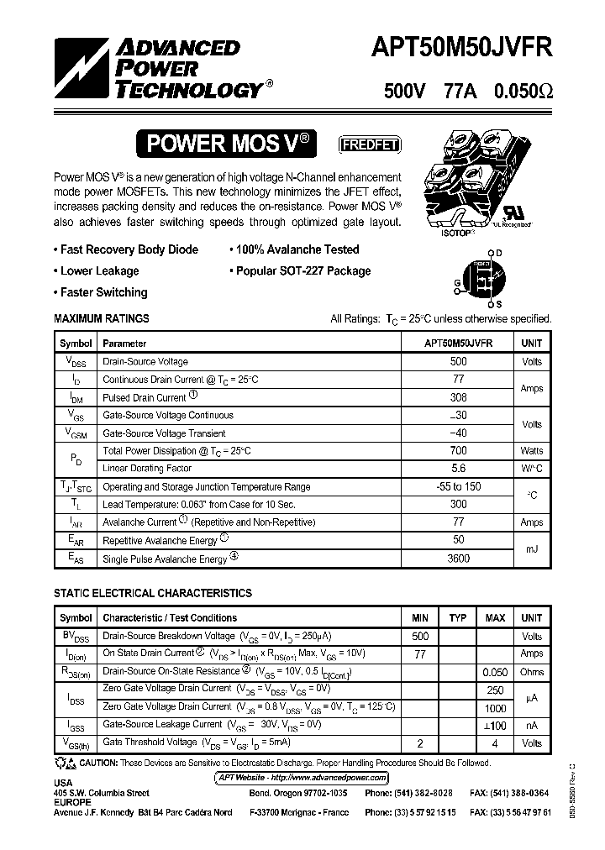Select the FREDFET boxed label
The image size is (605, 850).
tap(369, 144)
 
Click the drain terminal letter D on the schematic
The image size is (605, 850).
tap(498, 253)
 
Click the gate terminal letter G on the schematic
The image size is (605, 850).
tap(456, 284)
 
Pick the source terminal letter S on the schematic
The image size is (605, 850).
tap(498, 304)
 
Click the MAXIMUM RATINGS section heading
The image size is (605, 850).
tap(102, 319)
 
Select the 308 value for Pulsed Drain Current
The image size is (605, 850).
tap(458, 397)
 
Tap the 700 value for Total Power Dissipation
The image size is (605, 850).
tap(458, 451)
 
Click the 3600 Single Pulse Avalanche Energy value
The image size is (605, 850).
tap(458, 559)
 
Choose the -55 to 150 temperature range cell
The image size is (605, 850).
tap(458, 487)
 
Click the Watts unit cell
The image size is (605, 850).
tap(532, 451)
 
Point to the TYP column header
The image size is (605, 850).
tap(458, 618)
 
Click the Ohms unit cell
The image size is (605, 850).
tap(532, 672)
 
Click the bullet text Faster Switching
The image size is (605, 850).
tap(103, 292)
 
